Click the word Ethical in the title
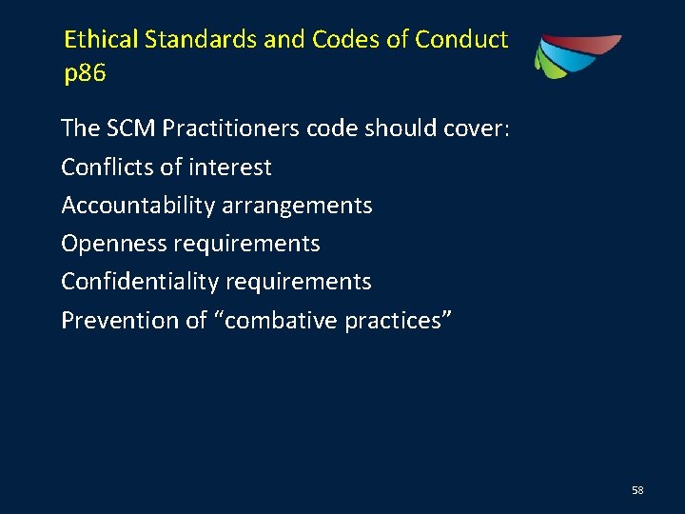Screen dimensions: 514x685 click(101, 40)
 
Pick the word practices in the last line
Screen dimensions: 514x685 click(399, 321)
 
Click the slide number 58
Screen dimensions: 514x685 click(637, 490)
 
